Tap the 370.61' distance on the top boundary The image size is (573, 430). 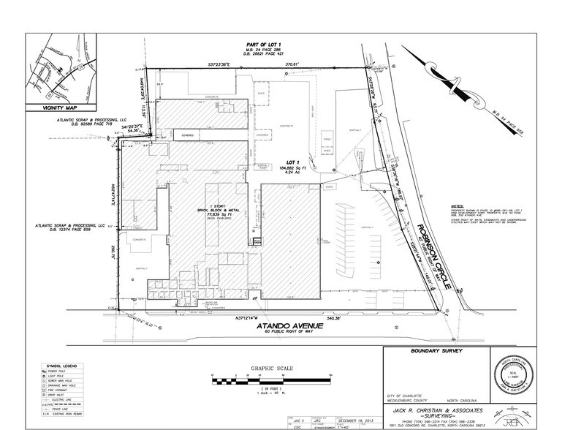pos(295,64)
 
